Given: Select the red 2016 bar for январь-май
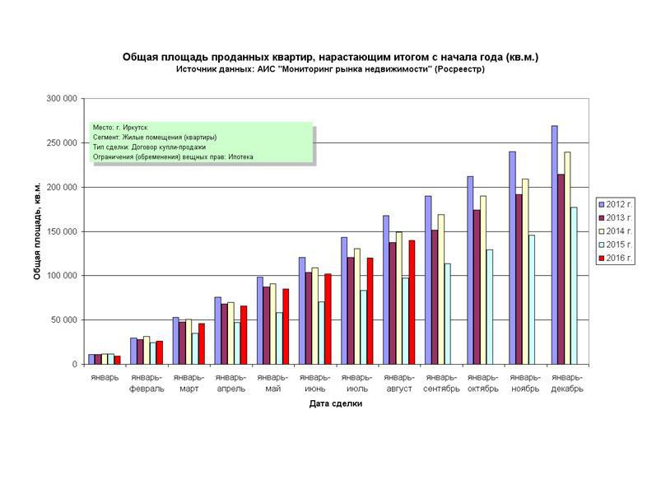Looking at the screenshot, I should click(x=286, y=326).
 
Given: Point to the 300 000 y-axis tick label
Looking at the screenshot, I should click(x=63, y=99).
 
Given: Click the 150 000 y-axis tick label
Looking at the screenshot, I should click(x=63, y=231).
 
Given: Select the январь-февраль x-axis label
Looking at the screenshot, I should click(x=146, y=383).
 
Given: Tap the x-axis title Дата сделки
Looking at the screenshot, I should click(x=336, y=404).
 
